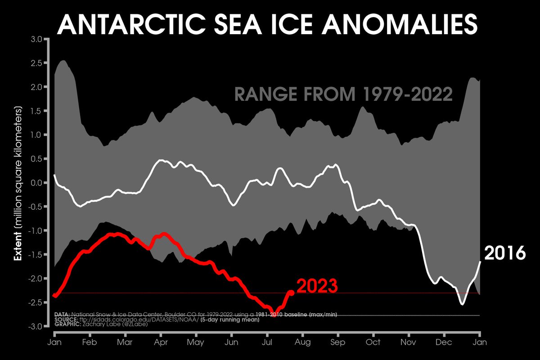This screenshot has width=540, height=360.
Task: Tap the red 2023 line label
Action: [317, 286]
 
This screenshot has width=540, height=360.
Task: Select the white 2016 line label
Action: [504, 253]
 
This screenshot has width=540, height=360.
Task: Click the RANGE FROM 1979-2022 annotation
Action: [343, 95]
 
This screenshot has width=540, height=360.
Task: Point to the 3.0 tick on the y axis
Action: [36, 39]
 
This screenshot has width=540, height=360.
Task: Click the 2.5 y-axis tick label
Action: [36, 63]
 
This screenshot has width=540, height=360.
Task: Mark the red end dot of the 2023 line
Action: [291, 292]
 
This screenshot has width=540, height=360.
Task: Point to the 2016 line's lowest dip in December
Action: [462, 304]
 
